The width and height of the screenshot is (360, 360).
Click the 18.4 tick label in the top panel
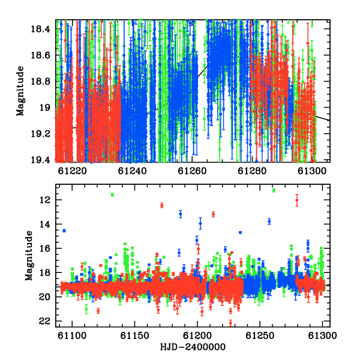pyautogui.click(x=40, y=29)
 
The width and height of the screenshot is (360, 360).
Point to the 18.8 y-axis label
pyautogui.click(x=40, y=81)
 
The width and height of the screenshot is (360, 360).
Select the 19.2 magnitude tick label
pyautogui.click(x=40, y=133)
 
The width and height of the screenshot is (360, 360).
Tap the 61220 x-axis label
pyautogui.click(x=73, y=171)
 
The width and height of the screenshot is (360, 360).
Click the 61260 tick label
pyautogui.click(x=192, y=171)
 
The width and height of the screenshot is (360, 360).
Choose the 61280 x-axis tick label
pyautogui.click(x=252, y=171)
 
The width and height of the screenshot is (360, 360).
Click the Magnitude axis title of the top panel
pyautogui.click(x=20, y=91)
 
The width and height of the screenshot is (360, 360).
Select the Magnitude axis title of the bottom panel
pyautogui.click(x=29, y=256)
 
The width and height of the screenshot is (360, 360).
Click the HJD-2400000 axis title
pyautogui.click(x=193, y=347)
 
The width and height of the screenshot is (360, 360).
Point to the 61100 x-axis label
pyautogui.click(x=72, y=335)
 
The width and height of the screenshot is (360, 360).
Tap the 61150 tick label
pyautogui.click(x=135, y=335)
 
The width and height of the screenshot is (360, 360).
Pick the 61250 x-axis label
pyautogui.click(x=260, y=335)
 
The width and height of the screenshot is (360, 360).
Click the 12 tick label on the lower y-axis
pyautogui.click(x=45, y=200)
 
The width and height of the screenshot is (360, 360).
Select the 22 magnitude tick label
pyautogui.click(x=45, y=321)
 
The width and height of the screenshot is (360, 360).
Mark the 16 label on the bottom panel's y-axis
pyautogui.click(x=45, y=248)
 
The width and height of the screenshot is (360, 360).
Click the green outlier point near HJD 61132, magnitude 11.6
pyautogui.click(x=112, y=194)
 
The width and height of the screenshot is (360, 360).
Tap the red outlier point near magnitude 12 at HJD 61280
pyautogui.click(x=297, y=200)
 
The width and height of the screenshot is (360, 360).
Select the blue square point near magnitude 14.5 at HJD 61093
pyautogui.click(x=64, y=230)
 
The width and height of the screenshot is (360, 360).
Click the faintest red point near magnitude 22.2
pyautogui.click(x=230, y=323)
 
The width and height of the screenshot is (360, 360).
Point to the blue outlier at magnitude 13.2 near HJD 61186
pyautogui.click(x=181, y=214)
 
